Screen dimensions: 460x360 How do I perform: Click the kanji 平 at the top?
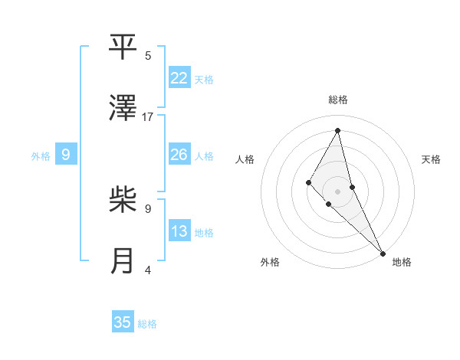click(x=123, y=47)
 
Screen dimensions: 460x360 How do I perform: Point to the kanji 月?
click(x=123, y=260)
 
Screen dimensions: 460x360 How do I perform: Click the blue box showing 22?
click(x=179, y=78)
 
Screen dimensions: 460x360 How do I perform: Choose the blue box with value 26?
click(x=179, y=155)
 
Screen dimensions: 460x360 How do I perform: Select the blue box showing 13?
click(x=179, y=232)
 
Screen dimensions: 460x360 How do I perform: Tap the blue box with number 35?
click(x=123, y=322)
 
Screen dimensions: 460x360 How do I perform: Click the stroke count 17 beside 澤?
click(x=148, y=117)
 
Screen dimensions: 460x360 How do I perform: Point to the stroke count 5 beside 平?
click(x=148, y=56)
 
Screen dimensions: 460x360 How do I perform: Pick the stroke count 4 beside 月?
click(x=148, y=270)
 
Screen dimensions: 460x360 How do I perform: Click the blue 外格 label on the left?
click(x=41, y=156)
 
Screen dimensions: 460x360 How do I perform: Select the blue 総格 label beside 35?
click(x=147, y=324)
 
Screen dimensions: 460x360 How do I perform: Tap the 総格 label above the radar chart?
click(x=338, y=100)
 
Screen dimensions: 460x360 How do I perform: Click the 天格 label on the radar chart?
click(x=432, y=159)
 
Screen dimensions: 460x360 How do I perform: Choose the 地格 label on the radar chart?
click(x=402, y=263)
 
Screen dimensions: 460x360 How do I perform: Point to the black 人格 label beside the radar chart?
click(x=245, y=159)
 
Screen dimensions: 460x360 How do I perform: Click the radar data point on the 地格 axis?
click(x=383, y=252)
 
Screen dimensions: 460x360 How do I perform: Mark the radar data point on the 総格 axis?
click(x=338, y=129)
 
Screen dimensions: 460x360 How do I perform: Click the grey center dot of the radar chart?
click(x=338, y=191)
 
